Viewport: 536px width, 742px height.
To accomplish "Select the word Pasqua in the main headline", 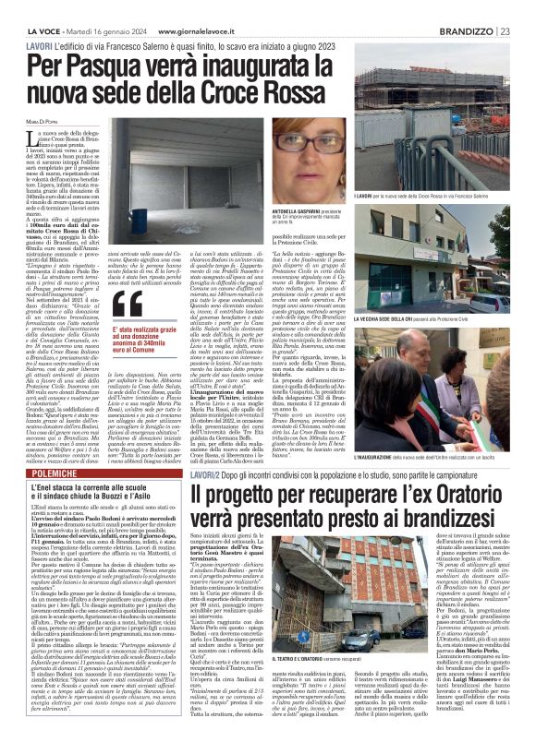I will (x=101, y=66).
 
